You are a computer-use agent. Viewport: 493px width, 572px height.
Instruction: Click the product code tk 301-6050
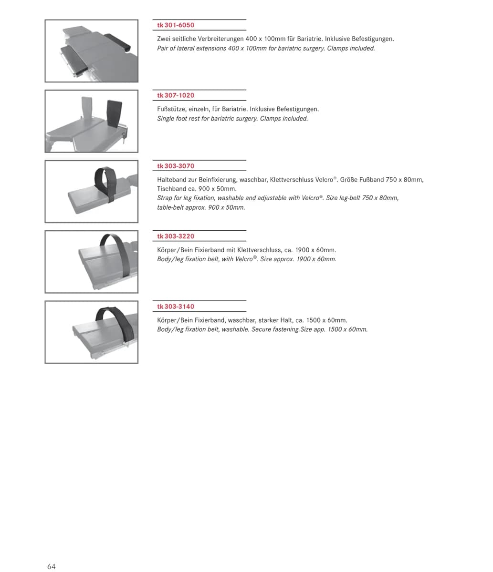tap(176, 25)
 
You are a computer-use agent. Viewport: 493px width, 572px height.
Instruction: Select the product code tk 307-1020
tap(176, 95)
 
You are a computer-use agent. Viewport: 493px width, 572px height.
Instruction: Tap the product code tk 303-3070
tap(176, 166)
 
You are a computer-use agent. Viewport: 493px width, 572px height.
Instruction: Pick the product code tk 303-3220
tap(176, 236)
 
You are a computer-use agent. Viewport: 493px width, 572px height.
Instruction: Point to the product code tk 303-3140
tap(176, 306)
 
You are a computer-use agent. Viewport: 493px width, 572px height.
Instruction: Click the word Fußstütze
tap(171, 109)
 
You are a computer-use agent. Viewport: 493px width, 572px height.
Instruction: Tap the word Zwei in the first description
tap(164, 39)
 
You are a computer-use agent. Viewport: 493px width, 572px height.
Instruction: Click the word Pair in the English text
tap(162, 48)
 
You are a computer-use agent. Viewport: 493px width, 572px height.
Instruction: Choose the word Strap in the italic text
tap(165, 198)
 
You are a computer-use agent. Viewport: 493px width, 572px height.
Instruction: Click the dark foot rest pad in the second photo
tap(114, 113)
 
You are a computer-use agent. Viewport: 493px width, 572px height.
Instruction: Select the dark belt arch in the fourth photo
tap(116, 249)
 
